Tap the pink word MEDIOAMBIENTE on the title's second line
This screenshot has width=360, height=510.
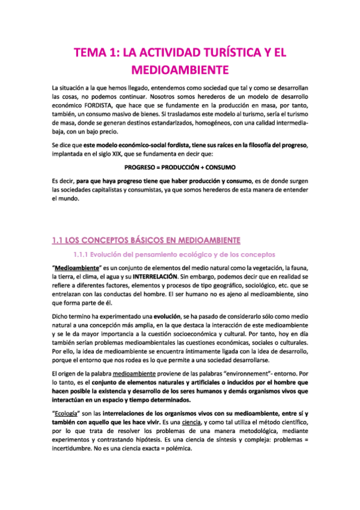click(x=180, y=70)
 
